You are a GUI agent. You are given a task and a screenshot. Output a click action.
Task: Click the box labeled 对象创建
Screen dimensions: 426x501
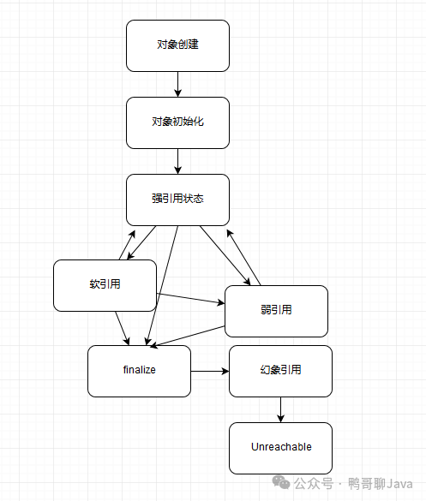point(177,45)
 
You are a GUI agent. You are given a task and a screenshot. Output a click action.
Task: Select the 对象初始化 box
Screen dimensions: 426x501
point(177,122)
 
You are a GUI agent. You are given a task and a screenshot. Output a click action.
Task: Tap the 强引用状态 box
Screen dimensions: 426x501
point(177,200)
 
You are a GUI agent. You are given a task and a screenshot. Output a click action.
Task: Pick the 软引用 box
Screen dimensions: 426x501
point(105,285)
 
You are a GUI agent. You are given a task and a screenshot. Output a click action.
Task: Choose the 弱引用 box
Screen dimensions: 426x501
point(276,311)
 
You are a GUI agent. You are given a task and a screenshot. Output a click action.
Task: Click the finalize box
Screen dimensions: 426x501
point(139,371)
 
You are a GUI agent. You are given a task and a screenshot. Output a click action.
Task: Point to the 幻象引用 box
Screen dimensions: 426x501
point(280,371)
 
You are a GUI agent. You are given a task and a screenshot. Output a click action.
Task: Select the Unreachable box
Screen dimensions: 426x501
point(280,448)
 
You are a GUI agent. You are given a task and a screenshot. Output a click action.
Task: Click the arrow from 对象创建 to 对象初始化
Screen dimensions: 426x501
point(177,84)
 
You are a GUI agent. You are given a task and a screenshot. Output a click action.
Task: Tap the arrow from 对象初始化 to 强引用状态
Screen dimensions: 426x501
point(177,161)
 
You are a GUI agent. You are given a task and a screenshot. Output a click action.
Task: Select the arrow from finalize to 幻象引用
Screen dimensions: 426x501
point(210,371)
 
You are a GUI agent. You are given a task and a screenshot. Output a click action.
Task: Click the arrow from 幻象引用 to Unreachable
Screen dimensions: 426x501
point(280,409)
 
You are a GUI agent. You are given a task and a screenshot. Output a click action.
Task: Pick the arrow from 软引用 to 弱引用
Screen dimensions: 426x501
point(190,298)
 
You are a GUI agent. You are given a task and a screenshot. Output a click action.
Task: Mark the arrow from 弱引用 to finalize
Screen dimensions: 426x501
point(188,337)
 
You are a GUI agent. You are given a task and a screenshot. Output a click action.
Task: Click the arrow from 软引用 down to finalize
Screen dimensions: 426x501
point(123,328)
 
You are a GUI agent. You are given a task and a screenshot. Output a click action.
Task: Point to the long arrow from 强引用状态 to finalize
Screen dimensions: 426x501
point(162,285)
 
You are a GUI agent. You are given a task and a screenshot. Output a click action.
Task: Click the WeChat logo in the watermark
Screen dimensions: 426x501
point(281,482)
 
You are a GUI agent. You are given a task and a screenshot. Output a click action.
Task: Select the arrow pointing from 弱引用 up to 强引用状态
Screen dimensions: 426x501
point(243,257)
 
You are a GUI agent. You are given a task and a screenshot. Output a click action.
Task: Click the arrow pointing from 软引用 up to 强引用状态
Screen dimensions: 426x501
point(128,245)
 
